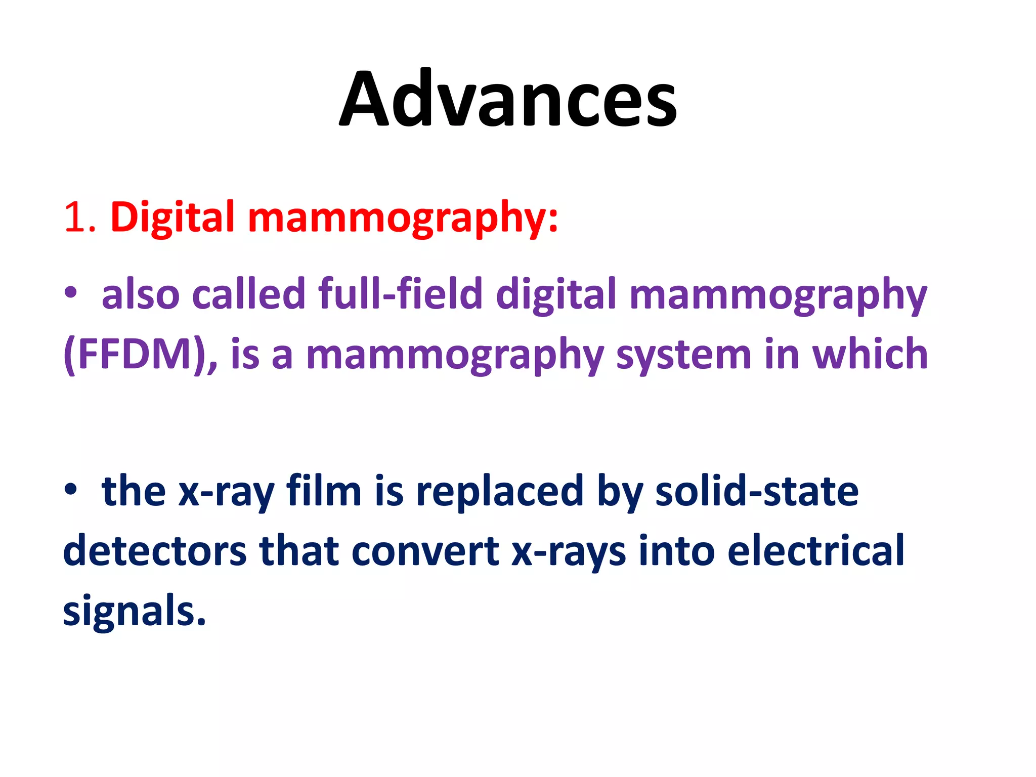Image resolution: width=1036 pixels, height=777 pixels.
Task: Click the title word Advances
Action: coord(508,99)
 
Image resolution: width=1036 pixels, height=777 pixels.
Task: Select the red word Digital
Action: coord(172,218)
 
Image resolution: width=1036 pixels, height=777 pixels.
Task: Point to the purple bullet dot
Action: coord(71,293)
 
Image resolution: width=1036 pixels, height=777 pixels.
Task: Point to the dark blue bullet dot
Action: coord(71,489)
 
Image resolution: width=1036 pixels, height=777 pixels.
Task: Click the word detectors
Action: coord(155,551)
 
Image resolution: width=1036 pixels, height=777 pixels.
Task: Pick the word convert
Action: coord(425,551)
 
